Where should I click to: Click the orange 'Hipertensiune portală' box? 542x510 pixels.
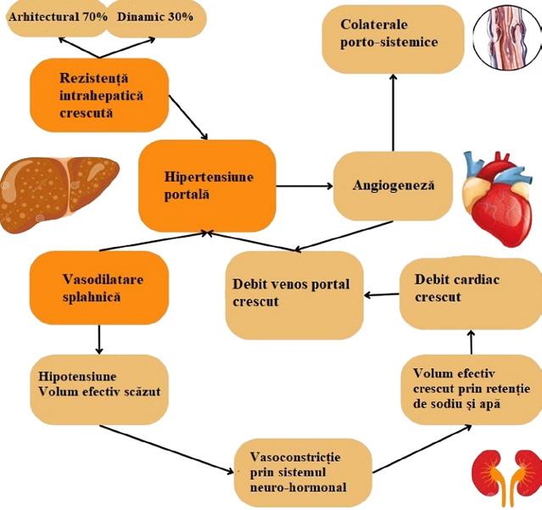[x=207, y=186]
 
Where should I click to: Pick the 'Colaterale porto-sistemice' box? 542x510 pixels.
[x=393, y=36]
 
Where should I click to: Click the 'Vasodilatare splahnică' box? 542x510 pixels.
[x=98, y=287]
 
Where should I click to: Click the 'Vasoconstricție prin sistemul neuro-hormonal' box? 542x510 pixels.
[x=302, y=469]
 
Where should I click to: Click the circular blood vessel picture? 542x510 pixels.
[x=506, y=36]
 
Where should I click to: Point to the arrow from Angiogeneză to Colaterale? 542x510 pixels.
[x=393, y=110]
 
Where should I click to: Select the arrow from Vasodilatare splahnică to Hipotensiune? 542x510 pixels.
[x=99, y=339]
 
